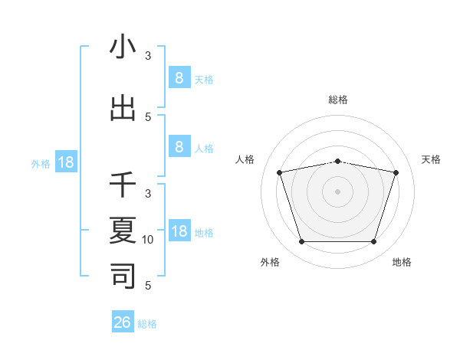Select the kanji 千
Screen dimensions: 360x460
click(x=123, y=185)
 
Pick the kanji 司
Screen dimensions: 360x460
click(x=123, y=275)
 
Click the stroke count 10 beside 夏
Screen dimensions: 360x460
click(x=149, y=240)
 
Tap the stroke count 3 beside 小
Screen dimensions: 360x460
click(x=149, y=55)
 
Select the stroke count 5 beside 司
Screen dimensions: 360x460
click(x=149, y=286)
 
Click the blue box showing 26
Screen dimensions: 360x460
click(x=123, y=322)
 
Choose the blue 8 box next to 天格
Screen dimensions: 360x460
click(x=179, y=77)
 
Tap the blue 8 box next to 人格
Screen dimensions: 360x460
click(x=179, y=147)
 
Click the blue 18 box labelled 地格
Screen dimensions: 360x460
click(x=179, y=231)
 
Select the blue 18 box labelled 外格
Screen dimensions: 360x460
click(x=66, y=162)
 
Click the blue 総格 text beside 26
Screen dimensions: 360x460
click(x=147, y=324)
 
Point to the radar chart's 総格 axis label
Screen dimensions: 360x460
click(x=337, y=100)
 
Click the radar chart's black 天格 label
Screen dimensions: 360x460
click(x=431, y=159)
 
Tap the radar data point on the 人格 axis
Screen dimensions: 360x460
click(x=280, y=172)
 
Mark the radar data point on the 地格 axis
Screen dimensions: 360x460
click(x=373, y=242)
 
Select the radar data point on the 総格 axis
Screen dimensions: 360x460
click(x=337, y=161)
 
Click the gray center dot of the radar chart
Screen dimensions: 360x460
click(x=337, y=191)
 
